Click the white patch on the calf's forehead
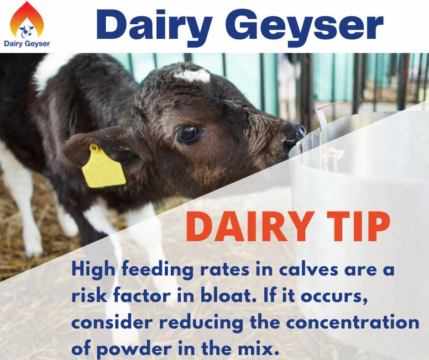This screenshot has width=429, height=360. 192,74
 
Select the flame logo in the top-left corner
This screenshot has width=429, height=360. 26,21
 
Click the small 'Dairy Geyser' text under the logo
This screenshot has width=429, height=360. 26,44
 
